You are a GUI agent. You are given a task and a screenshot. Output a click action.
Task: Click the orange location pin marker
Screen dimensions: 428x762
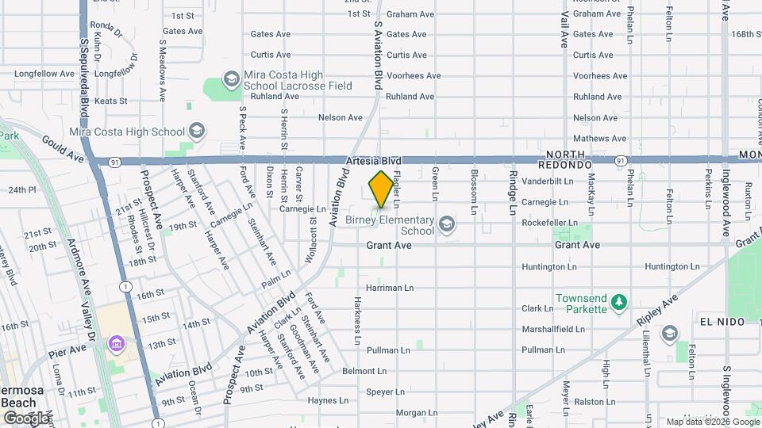coord(382,189)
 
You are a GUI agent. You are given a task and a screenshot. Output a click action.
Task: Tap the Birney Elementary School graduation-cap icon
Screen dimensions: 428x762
coord(448,224)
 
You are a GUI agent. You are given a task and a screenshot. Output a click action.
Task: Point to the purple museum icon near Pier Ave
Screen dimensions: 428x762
coord(117,344)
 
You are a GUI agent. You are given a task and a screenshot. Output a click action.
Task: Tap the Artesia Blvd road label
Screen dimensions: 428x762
coord(368,160)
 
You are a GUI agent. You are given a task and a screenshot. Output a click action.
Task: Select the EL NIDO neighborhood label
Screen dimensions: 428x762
coord(722,322)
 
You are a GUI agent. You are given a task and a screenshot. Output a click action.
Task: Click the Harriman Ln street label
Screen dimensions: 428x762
coord(390,287)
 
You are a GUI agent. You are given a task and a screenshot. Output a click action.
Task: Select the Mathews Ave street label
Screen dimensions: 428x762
coord(595,138)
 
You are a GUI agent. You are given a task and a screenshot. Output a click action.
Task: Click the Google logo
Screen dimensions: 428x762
coord(25,418)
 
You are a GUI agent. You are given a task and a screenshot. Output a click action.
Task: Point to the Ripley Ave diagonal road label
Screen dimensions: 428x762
coord(659,311)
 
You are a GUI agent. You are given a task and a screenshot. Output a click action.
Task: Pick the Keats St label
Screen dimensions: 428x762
coord(110,101)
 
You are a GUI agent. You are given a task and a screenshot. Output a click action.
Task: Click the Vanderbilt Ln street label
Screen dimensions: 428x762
coord(548,181)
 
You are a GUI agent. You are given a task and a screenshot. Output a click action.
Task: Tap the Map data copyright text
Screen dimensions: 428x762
coord(712,422)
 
